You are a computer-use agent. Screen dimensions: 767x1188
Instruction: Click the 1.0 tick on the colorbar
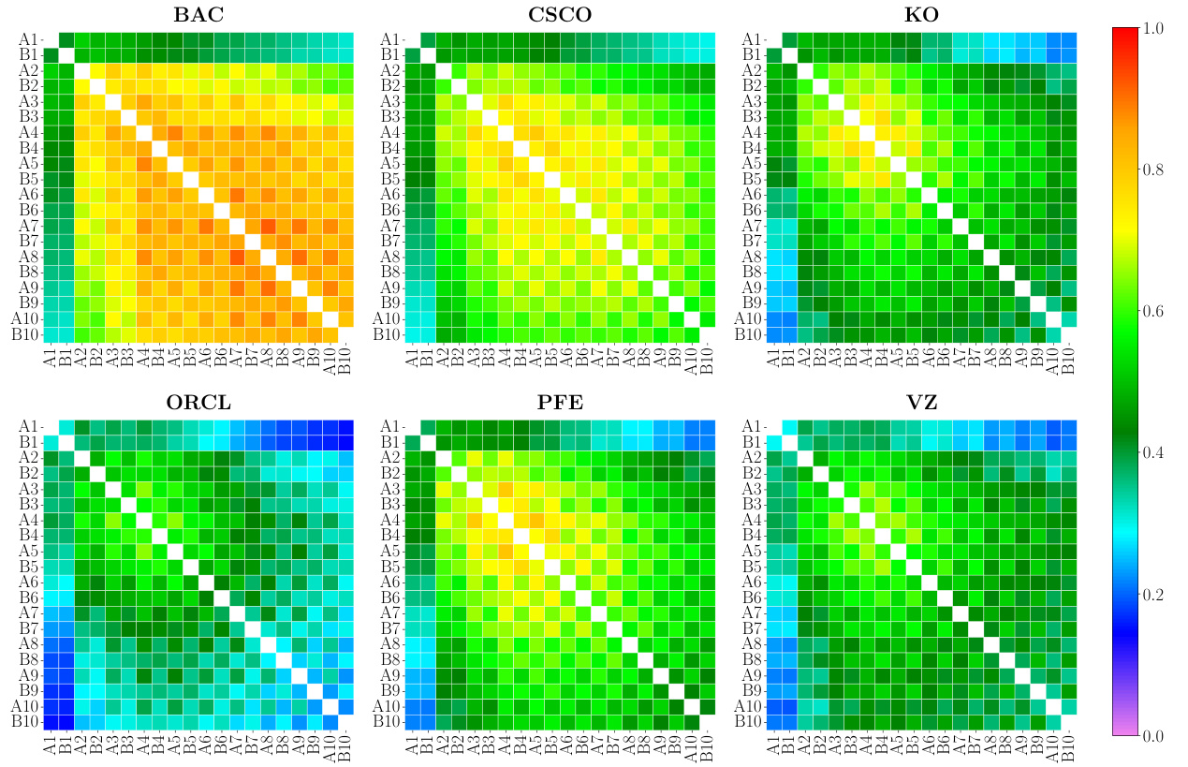[x=1153, y=28]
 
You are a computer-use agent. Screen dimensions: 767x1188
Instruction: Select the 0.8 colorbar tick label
[x=1153, y=170]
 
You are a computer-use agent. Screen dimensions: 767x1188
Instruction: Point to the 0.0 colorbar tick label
[x=1153, y=736]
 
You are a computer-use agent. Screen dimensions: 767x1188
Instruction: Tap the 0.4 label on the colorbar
[x=1153, y=453]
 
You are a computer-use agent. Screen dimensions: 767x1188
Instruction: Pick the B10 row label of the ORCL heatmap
[x=24, y=722]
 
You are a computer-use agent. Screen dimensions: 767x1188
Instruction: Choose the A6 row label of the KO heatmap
[x=751, y=194]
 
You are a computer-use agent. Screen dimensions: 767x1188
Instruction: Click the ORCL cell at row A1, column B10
[x=346, y=426]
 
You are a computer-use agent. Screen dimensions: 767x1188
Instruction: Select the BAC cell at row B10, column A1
[x=51, y=335]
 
